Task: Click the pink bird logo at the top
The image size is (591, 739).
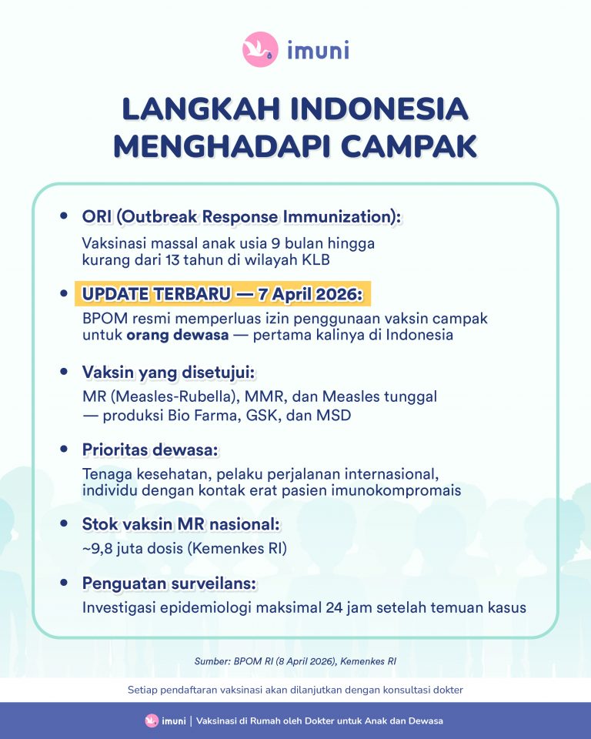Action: (x=260, y=49)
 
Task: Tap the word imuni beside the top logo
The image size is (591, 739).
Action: (x=318, y=50)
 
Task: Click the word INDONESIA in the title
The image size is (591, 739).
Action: (x=379, y=109)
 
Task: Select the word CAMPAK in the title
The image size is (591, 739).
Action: (x=409, y=146)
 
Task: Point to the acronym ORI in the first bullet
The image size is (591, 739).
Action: (x=97, y=217)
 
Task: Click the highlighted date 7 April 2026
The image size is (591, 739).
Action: (x=310, y=294)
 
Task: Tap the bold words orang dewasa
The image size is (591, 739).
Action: (x=178, y=335)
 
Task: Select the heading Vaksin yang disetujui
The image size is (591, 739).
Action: (x=169, y=373)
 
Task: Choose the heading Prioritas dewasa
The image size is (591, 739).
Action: (x=150, y=450)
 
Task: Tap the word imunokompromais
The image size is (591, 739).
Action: (x=396, y=490)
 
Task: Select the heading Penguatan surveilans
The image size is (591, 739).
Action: (x=169, y=584)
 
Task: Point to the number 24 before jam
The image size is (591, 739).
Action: (x=334, y=607)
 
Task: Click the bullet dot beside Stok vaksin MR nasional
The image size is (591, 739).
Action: (x=64, y=523)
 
